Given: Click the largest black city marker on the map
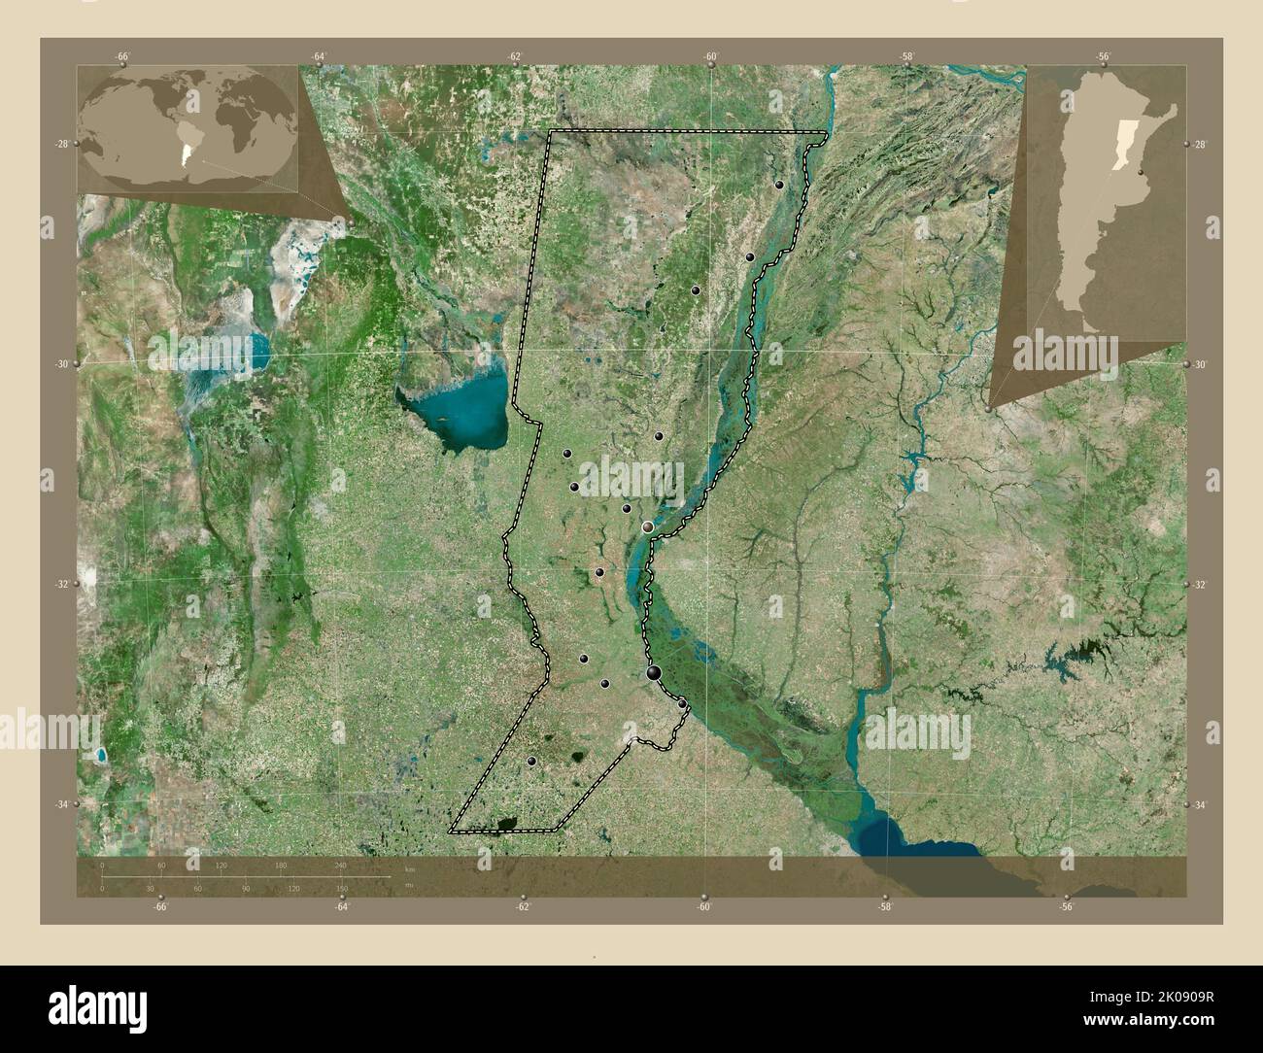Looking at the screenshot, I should click(x=654, y=672).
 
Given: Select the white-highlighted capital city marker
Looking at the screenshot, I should click(x=648, y=526).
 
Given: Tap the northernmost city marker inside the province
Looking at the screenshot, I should click(x=779, y=185).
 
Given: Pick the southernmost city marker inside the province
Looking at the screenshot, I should click(x=531, y=761).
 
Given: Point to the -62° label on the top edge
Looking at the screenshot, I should click(x=515, y=57).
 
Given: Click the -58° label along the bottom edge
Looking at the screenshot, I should click(x=885, y=907).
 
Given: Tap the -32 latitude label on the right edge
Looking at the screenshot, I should click(x=1200, y=585).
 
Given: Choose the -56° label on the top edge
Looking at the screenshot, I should click(x=1104, y=57).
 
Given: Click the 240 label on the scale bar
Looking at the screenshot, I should click(x=341, y=865).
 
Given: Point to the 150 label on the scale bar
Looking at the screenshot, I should click(x=341, y=888).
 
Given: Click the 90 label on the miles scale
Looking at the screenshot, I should click(x=245, y=888).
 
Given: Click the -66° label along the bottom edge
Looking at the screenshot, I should click(x=161, y=907).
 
